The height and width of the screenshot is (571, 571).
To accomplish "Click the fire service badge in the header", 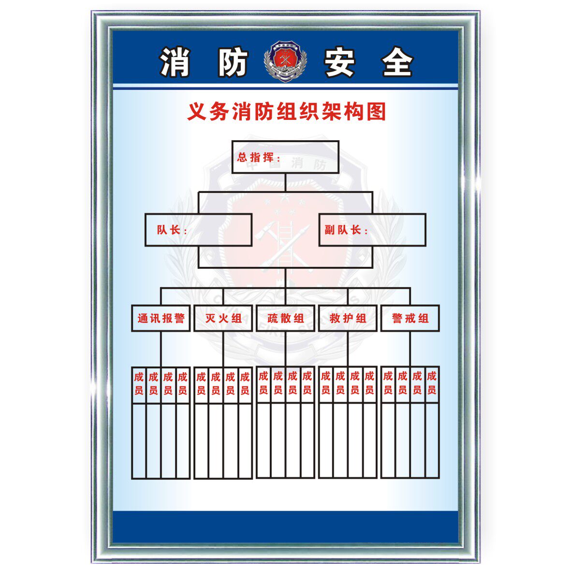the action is (285, 61).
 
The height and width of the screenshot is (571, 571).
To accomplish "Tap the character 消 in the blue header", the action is (176, 62).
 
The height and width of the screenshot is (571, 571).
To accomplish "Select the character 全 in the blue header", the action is (397, 62).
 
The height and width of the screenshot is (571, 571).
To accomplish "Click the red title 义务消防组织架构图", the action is (287, 112).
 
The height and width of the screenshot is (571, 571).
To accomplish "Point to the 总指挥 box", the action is (285, 157).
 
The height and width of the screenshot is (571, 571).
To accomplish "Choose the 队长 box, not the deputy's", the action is (198, 230).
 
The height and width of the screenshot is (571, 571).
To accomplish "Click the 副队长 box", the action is (372, 230).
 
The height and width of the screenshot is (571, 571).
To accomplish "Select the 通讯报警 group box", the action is (161, 318).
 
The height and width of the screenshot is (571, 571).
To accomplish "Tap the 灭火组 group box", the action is (223, 318).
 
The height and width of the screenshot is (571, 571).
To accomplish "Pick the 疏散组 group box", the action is (285, 318).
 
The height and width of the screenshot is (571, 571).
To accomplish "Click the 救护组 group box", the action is (348, 318).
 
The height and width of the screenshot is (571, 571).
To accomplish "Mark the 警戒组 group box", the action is (410, 318).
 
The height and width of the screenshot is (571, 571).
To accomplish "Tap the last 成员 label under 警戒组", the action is (432, 383).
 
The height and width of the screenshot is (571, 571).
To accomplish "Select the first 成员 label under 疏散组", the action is (264, 382).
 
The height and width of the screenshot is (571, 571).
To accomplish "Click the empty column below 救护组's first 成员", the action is (326, 440).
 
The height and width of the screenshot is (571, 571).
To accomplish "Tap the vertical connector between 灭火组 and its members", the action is (223, 349).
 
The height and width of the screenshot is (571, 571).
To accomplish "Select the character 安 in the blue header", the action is (340, 62).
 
